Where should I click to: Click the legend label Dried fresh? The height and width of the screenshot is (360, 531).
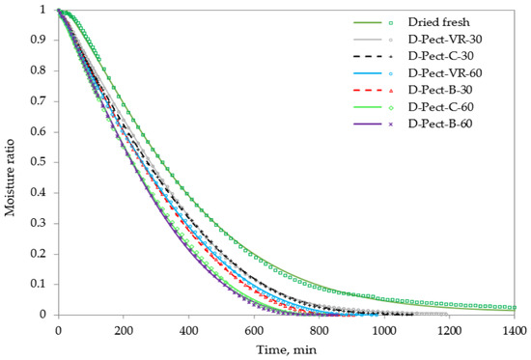(439, 22)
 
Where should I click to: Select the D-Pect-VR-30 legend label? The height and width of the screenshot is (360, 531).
(445, 40)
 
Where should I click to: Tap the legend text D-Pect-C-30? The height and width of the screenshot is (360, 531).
(440, 56)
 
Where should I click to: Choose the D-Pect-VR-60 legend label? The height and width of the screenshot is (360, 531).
(445, 73)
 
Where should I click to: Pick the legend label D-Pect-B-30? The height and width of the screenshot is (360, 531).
(440, 90)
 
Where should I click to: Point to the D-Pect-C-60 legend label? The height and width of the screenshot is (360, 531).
(440, 107)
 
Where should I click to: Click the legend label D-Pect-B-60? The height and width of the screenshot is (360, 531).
(440, 124)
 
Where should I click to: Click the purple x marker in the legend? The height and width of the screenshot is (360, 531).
(391, 125)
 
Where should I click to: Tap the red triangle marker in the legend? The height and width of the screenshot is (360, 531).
(391, 91)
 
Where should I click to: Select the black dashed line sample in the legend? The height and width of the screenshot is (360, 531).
(368, 57)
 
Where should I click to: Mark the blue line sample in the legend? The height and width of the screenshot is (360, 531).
(368, 73)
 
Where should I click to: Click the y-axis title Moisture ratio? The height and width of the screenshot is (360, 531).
(10, 178)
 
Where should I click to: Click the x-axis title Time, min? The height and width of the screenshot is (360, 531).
(287, 349)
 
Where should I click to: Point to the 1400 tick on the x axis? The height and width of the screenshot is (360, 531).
(515, 330)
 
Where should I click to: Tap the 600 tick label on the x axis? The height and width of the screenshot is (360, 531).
(254, 330)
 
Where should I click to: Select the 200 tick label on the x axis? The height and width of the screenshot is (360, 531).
(124, 330)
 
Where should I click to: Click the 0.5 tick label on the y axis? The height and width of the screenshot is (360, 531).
(38, 162)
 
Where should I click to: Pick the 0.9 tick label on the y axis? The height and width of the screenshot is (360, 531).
(38, 40)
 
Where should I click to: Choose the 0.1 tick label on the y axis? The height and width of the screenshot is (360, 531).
(38, 284)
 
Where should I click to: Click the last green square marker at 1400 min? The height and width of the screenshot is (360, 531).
(515, 308)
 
